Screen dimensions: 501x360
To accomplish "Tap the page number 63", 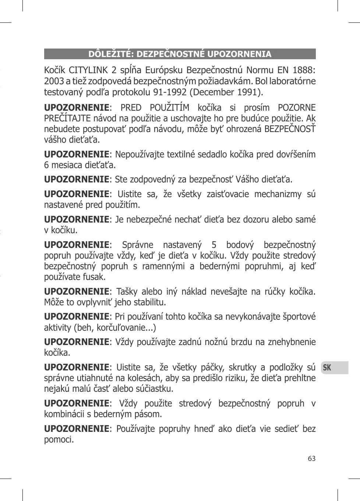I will pyautogui.click(x=312, y=459).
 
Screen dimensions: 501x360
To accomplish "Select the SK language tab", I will pyautogui.click(x=327, y=367).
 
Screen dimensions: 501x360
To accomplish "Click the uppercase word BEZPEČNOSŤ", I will pyautogui.click(x=290, y=129).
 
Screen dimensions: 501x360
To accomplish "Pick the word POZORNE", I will pyautogui.click(x=297, y=108).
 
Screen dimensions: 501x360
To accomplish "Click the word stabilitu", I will pyautogui.click(x=147, y=302).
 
